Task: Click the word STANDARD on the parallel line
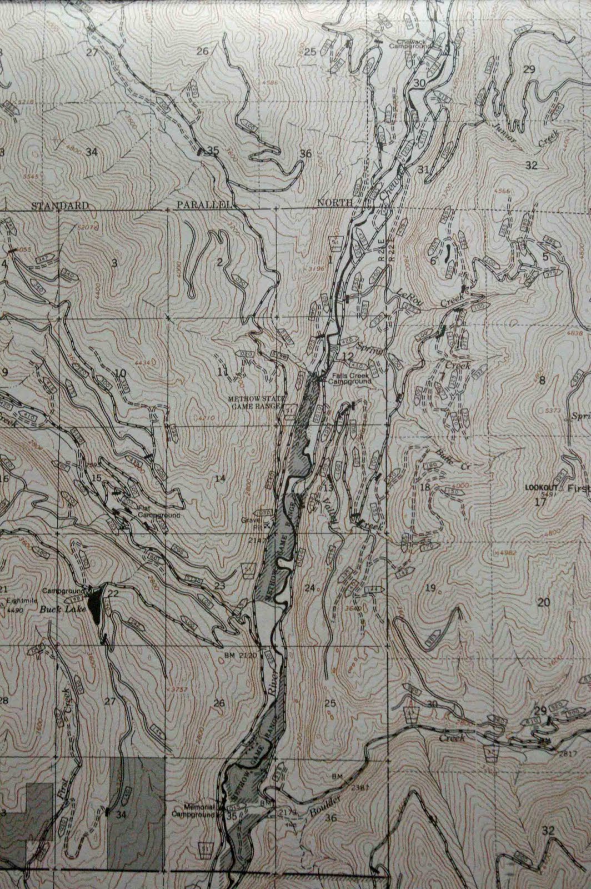(59, 205)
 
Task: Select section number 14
(220, 478)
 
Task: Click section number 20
(543, 602)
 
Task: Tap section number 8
(542, 381)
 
